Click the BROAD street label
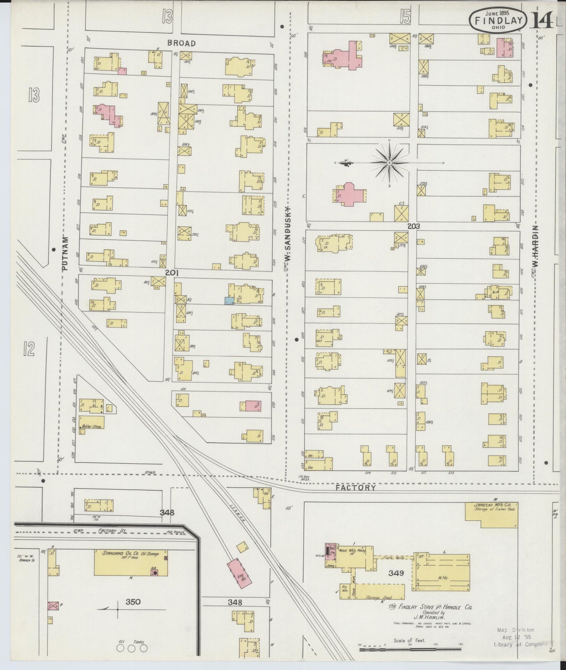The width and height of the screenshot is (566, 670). pos(181,43)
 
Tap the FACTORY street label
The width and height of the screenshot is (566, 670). pos(356,488)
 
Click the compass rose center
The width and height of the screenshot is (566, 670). pos(390,162)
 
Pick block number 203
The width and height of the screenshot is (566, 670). pos(413,226)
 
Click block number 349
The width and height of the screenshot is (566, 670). pos(396,573)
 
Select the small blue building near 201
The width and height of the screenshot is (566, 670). pos(230,301)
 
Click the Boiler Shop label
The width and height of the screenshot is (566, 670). pos(91,426)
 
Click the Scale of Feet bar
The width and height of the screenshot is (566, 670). pos(410,650)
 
